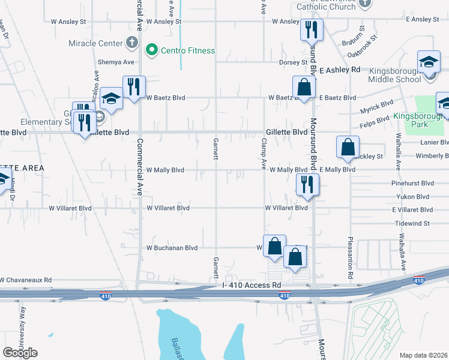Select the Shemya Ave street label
(x=116, y=62)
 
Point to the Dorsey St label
(x=294, y=62)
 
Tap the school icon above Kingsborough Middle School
(x=429, y=62)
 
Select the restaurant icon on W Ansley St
(x=312, y=29)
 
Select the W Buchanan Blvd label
(x=172, y=248)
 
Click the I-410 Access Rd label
(x=252, y=286)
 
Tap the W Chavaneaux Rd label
(x=26, y=280)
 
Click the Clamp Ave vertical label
(x=264, y=154)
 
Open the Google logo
(x=20, y=353)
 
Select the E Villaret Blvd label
(x=412, y=210)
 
